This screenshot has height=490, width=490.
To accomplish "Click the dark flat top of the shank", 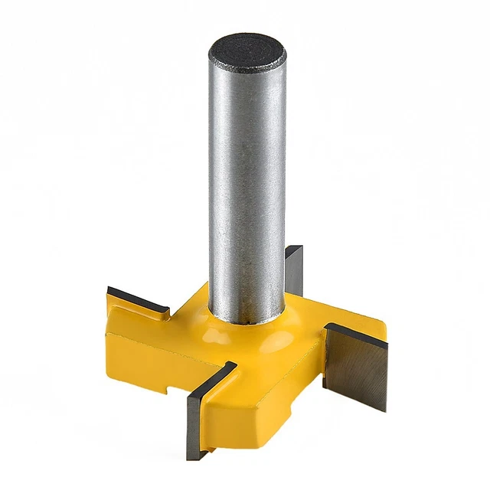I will pos(247,52).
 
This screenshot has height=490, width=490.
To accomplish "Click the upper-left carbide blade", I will pos(138,299).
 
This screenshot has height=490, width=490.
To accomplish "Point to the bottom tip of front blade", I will pos(193,456).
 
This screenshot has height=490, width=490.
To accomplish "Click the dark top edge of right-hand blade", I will pos(356,335).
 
